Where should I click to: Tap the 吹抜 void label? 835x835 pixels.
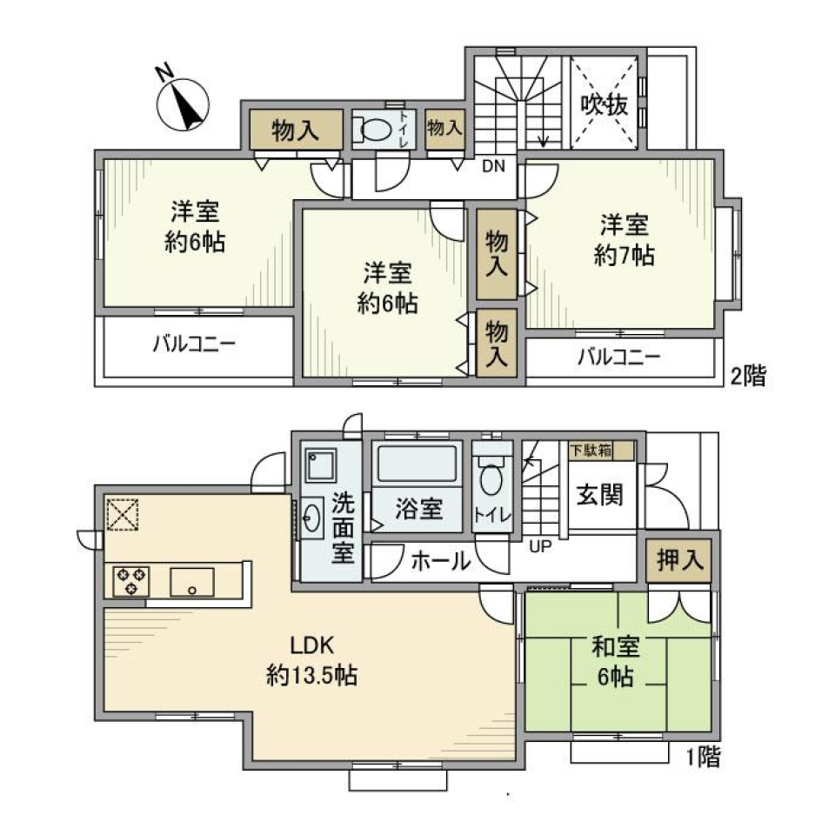coord(605,105)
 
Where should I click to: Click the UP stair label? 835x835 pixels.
coord(541,546)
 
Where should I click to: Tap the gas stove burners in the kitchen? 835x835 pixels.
coord(130,580)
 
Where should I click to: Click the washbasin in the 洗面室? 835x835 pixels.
coord(313,519)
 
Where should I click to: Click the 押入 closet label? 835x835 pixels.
coord(679,561)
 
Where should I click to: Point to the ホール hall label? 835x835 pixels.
coord(440,561)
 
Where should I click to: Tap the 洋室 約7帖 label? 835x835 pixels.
coord(625,241)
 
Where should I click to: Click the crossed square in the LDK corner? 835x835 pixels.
coord(121,513)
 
